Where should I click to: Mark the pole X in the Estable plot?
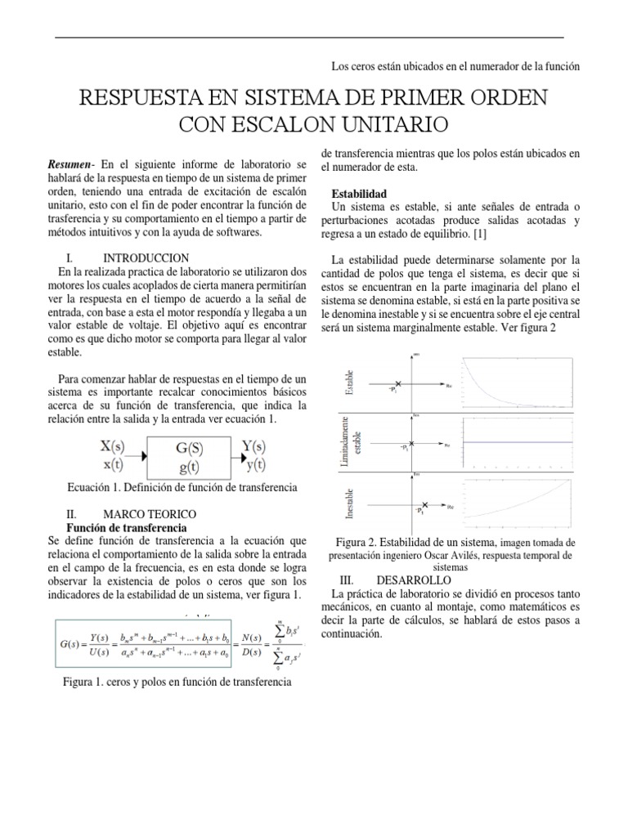coord(399,383)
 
